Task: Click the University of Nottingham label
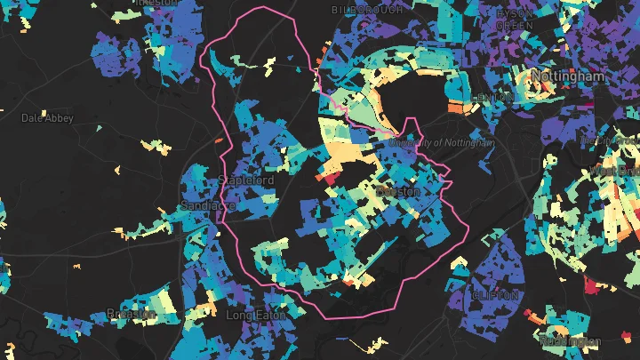(x=442, y=142)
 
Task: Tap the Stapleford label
(x=245, y=181)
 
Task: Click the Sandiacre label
(x=207, y=205)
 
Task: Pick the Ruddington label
(x=569, y=341)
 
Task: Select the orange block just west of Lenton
(x=454, y=108)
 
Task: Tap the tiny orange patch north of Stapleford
(x=219, y=141)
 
